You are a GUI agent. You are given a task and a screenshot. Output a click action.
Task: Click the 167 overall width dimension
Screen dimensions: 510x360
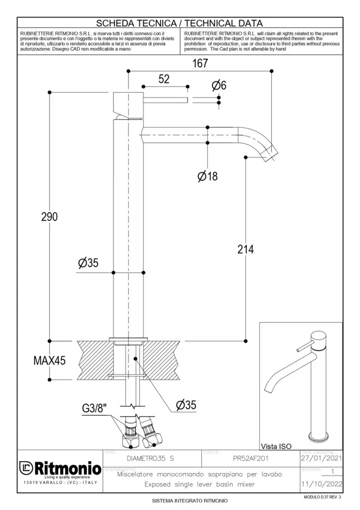click(200, 63)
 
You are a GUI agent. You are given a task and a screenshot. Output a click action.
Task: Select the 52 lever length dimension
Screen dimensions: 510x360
click(164, 79)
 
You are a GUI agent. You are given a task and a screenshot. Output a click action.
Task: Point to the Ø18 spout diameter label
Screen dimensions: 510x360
click(208, 176)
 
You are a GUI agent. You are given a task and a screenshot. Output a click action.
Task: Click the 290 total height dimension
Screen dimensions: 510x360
click(49, 217)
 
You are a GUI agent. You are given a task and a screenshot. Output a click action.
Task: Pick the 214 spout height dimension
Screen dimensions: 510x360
click(245, 249)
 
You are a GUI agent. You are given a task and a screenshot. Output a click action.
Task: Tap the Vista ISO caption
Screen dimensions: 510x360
click(276, 446)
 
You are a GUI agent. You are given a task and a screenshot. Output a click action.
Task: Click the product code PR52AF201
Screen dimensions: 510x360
click(251, 458)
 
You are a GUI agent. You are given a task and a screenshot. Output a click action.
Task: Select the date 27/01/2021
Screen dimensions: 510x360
click(321, 458)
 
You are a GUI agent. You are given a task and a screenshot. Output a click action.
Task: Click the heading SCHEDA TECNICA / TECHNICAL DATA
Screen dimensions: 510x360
click(179, 23)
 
